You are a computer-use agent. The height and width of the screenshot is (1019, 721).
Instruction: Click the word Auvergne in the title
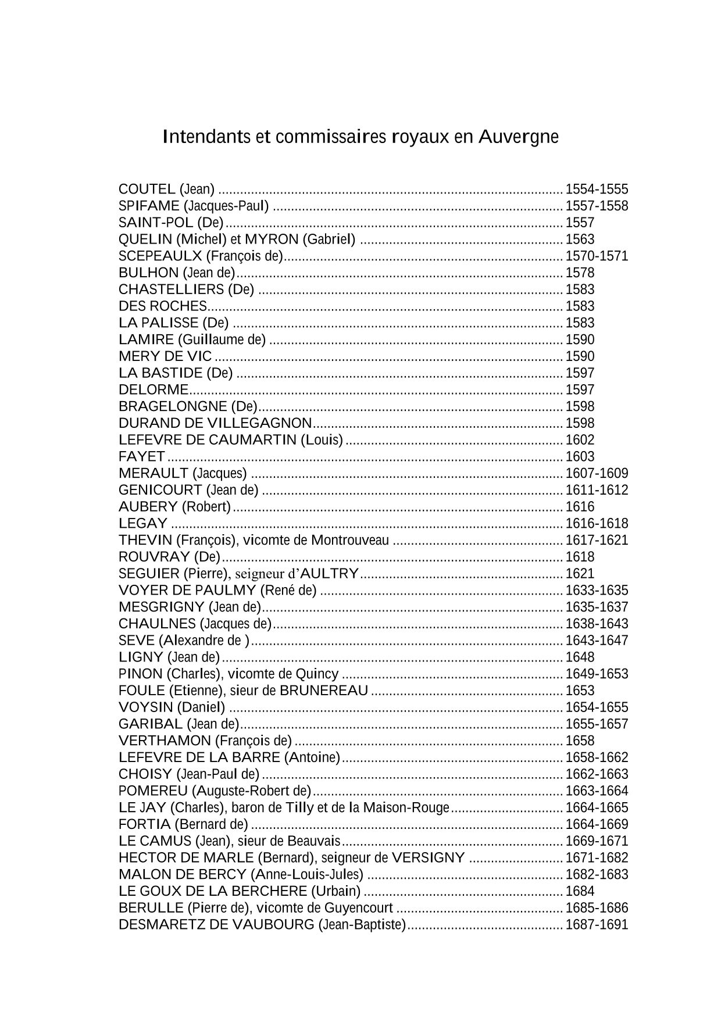(519, 137)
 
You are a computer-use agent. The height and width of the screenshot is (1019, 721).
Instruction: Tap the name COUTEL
(147, 189)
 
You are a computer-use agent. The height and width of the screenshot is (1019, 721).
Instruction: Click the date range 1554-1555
(597, 189)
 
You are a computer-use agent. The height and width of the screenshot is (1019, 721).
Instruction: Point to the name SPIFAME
(149, 206)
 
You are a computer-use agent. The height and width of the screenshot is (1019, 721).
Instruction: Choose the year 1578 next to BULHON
(580, 273)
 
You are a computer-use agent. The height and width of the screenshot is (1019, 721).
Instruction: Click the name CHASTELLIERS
(171, 289)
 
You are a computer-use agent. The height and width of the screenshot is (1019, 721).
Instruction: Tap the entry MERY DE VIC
(165, 356)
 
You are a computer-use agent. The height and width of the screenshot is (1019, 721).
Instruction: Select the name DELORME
(154, 389)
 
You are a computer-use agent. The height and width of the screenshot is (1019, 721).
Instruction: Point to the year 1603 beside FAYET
(580, 456)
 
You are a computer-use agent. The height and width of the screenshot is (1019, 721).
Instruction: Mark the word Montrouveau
(350, 540)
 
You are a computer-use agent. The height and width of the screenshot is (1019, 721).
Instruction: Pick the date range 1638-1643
(597, 624)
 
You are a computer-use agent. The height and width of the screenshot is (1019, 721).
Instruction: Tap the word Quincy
(317, 674)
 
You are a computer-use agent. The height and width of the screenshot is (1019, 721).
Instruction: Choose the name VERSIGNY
(428, 857)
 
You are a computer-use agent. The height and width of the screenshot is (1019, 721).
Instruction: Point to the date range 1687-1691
(597, 924)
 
